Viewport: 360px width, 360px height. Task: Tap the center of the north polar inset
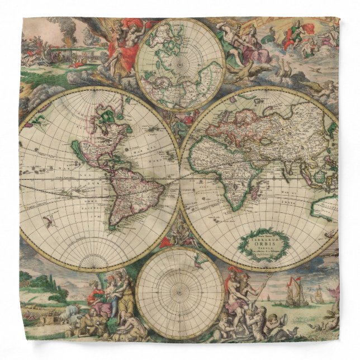[180, 59]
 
